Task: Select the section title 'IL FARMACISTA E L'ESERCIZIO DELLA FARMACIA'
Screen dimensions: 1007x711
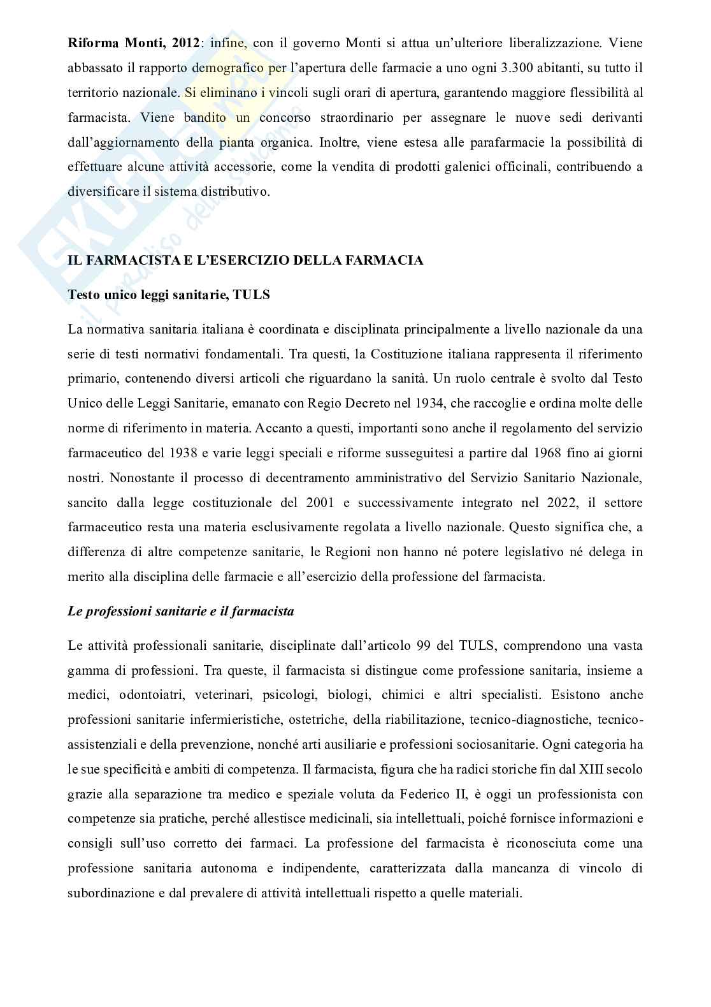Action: pos(245,261)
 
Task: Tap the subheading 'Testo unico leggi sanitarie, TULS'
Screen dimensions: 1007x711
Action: pos(168,295)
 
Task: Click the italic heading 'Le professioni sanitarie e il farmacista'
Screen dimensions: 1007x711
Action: pos(181,612)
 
